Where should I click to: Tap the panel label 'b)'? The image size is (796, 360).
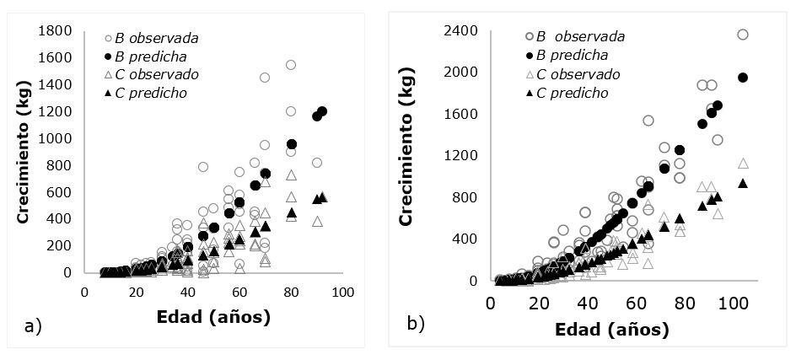(x=416, y=323)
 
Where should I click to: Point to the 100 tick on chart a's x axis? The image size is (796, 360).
(x=342, y=292)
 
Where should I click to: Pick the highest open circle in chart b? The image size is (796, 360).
(x=743, y=35)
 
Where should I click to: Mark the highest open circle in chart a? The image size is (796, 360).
(x=291, y=65)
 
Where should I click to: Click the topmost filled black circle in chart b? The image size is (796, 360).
(x=743, y=78)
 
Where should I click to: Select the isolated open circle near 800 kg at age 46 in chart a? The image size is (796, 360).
(x=203, y=167)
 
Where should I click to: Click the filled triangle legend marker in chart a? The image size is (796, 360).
(x=108, y=93)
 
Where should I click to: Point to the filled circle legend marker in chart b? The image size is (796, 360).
(x=529, y=56)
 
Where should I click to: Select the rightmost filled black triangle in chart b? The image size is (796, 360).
(x=743, y=183)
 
